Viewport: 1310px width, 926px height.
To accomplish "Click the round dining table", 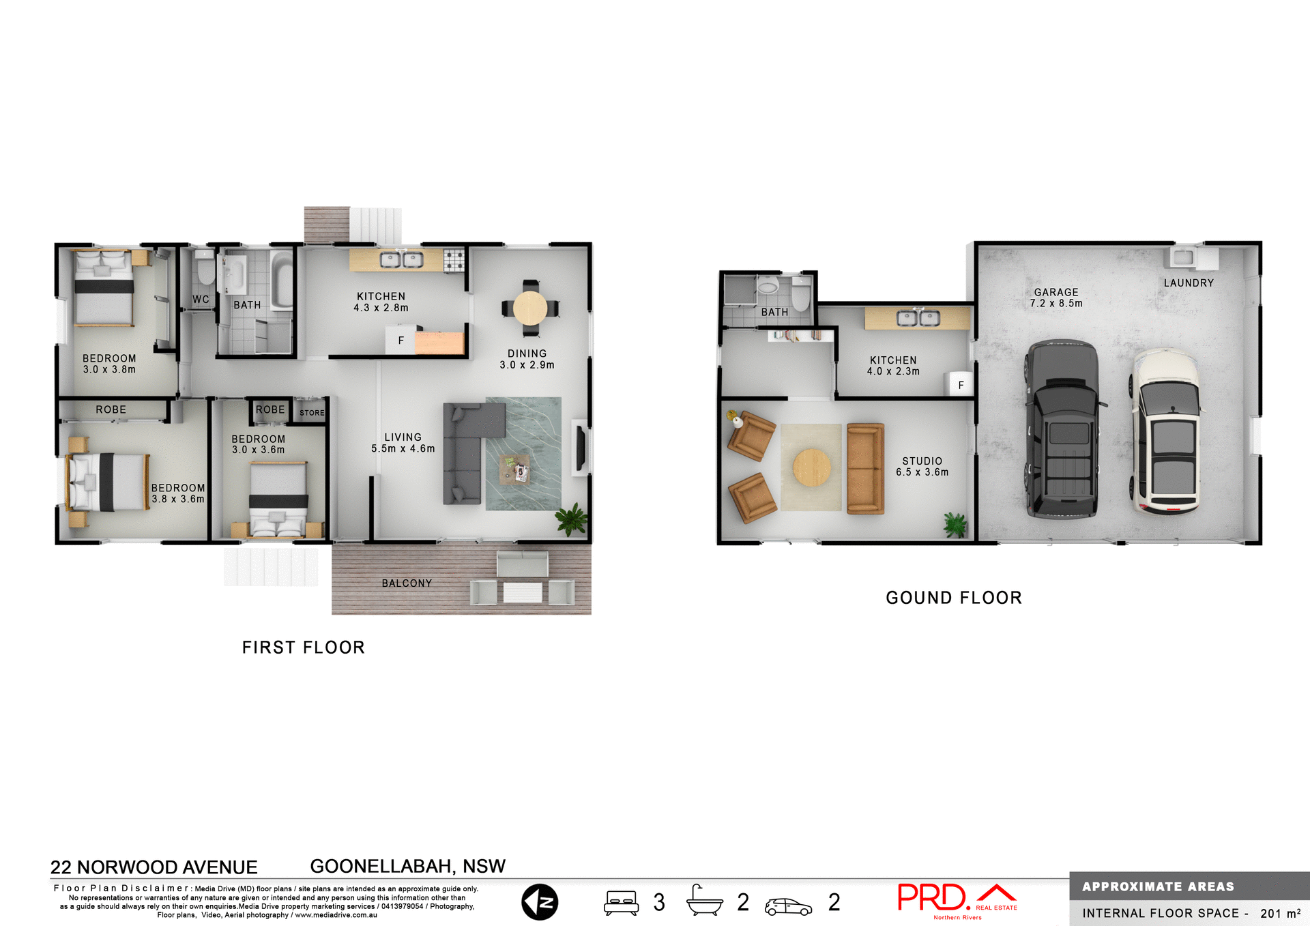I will pos(530,308).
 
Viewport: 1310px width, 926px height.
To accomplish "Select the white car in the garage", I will pos(1167,431).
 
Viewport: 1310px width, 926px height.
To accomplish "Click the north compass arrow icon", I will pos(540,902).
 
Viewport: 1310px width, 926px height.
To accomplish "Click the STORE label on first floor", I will pos(312,413).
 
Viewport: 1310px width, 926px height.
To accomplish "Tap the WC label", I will pos(201,299).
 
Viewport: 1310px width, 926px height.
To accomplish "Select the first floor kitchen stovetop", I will pos(454,260).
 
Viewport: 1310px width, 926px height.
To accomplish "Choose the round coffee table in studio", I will pos(812,467).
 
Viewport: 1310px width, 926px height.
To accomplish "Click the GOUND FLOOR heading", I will pos(953,598).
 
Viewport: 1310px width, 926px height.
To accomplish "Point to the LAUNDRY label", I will pos(1189,283).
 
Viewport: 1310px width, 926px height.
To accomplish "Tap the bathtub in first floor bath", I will pos(281,279).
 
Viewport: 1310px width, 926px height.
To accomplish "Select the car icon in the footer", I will pos(788,906).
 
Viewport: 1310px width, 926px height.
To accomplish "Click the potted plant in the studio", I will pos(955,524).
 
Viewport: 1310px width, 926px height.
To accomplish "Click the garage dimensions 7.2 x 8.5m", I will pos(1056,303).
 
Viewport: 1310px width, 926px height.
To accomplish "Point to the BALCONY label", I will pos(407,583).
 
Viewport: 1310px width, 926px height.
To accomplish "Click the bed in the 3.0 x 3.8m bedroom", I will pos(104,288).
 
